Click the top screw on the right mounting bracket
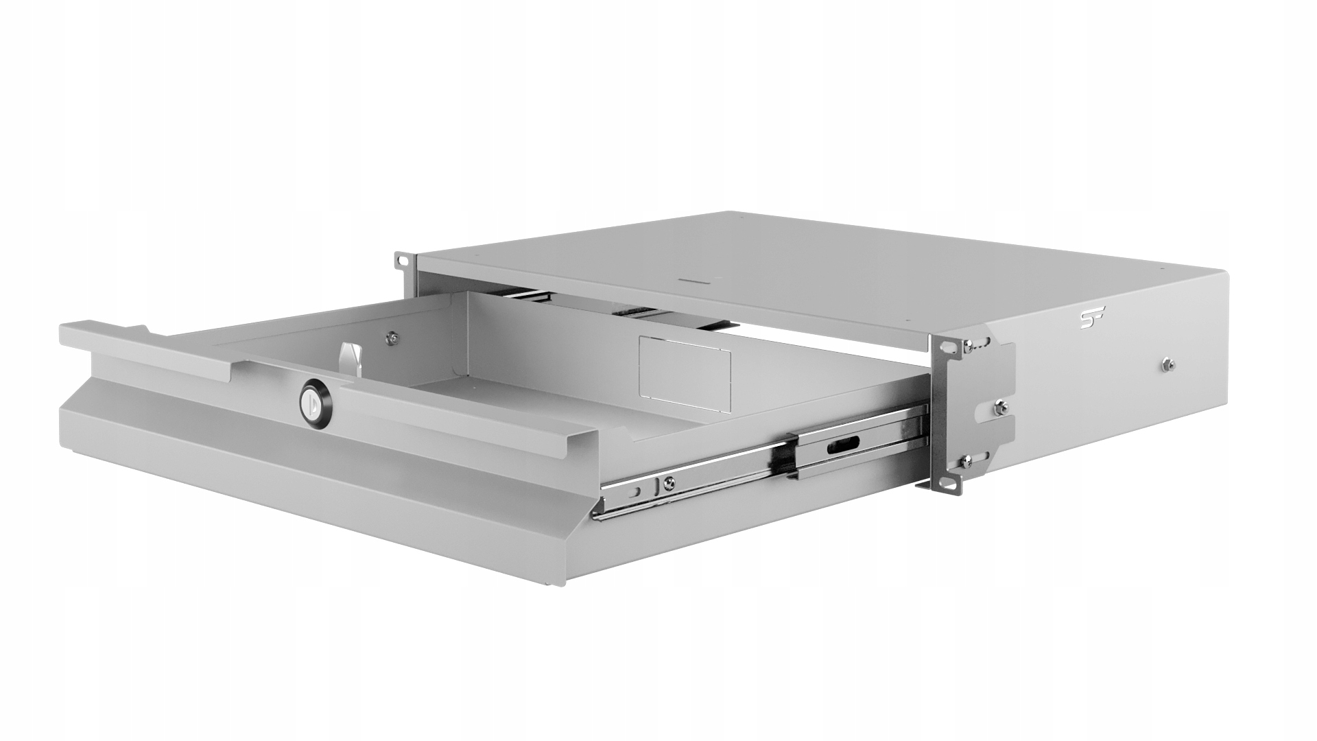coord(969,346)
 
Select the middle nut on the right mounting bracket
coord(999,408)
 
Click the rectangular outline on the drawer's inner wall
coord(685,366)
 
